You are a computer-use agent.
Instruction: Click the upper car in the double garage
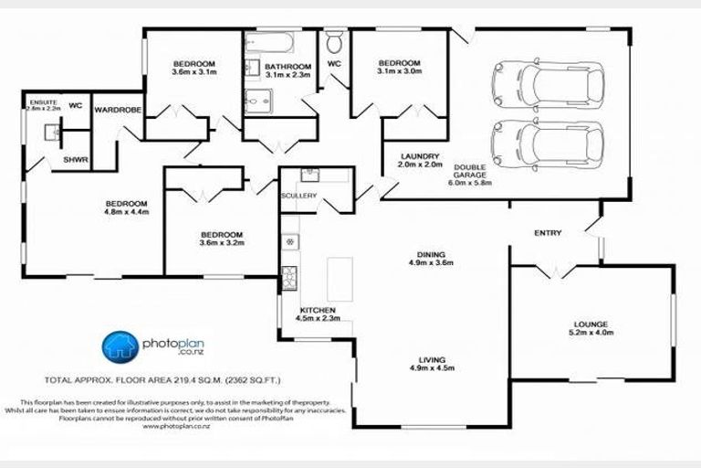click(x=547, y=82)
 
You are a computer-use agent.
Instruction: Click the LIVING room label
click(x=432, y=363)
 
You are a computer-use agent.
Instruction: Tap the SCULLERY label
click(x=298, y=196)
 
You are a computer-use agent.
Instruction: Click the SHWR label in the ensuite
click(x=75, y=160)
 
